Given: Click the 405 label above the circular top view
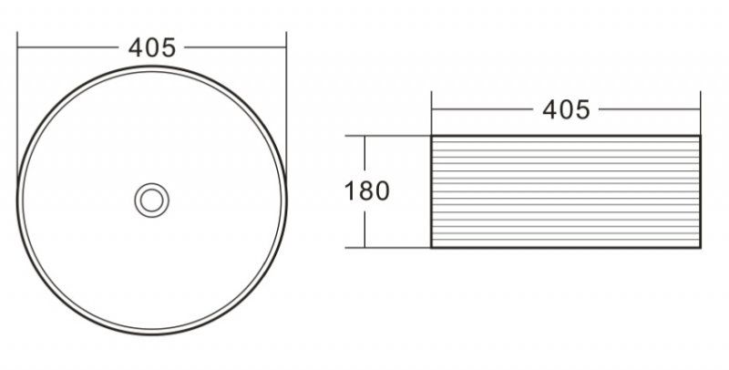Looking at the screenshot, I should tap(152, 47).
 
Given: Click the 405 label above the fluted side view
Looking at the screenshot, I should tap(566, 109).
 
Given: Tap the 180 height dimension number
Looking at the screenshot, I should tap(367, 191).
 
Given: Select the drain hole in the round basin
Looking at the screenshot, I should tap(152, 200).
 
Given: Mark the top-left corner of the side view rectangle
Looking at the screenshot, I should tap(431, 137).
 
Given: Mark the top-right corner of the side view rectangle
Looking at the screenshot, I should tap(700, 137).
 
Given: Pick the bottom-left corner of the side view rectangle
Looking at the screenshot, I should tap(431, 247).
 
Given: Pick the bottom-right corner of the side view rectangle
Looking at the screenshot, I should tap(700, 247).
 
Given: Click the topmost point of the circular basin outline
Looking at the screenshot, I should tap(152, 66).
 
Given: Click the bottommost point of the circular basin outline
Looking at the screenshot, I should tap(152, 334).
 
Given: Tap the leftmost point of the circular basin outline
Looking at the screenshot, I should tap(18, 200).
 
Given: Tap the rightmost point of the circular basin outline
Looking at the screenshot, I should tap(286, 200).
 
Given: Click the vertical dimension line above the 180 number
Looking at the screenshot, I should tap(365, 157).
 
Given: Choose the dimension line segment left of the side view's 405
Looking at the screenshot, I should tap(483, 109).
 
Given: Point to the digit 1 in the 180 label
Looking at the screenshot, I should tap(351, 191).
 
